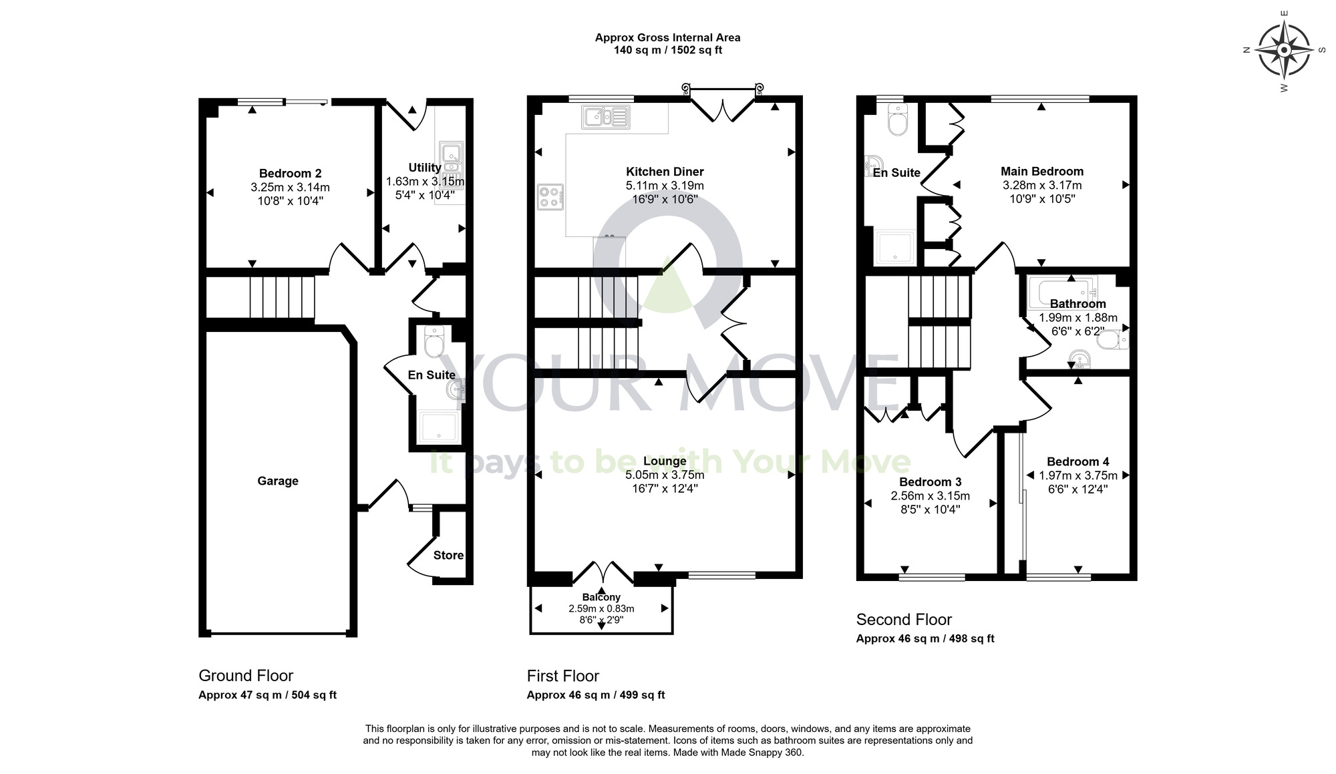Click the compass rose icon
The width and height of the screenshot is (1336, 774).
point(1283,50)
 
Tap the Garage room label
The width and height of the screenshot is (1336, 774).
point(278,481)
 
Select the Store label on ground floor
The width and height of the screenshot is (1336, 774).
point(448,555)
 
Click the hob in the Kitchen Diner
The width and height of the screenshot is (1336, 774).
point(550,197)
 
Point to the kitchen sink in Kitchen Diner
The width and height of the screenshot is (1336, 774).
point(605,117)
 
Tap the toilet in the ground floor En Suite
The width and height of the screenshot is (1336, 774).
point(434,343)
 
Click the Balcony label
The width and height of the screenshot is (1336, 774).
point(601,597)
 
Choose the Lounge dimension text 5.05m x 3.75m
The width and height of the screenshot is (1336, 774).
point(665,475)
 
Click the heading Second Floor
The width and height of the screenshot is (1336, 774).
point(904,619)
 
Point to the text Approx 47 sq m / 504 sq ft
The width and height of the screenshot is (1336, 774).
point(267,695)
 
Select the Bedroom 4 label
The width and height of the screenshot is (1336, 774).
point(1077,461)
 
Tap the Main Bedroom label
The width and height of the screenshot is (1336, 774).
point(1041,171)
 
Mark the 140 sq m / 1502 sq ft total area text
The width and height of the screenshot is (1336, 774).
point(667,50)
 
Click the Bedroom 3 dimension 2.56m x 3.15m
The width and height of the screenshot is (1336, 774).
point(930,496)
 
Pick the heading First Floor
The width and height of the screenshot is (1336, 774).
point(562,676)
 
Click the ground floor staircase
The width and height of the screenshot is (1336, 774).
point(281,297)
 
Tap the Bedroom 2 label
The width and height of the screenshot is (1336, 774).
point(290,174)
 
